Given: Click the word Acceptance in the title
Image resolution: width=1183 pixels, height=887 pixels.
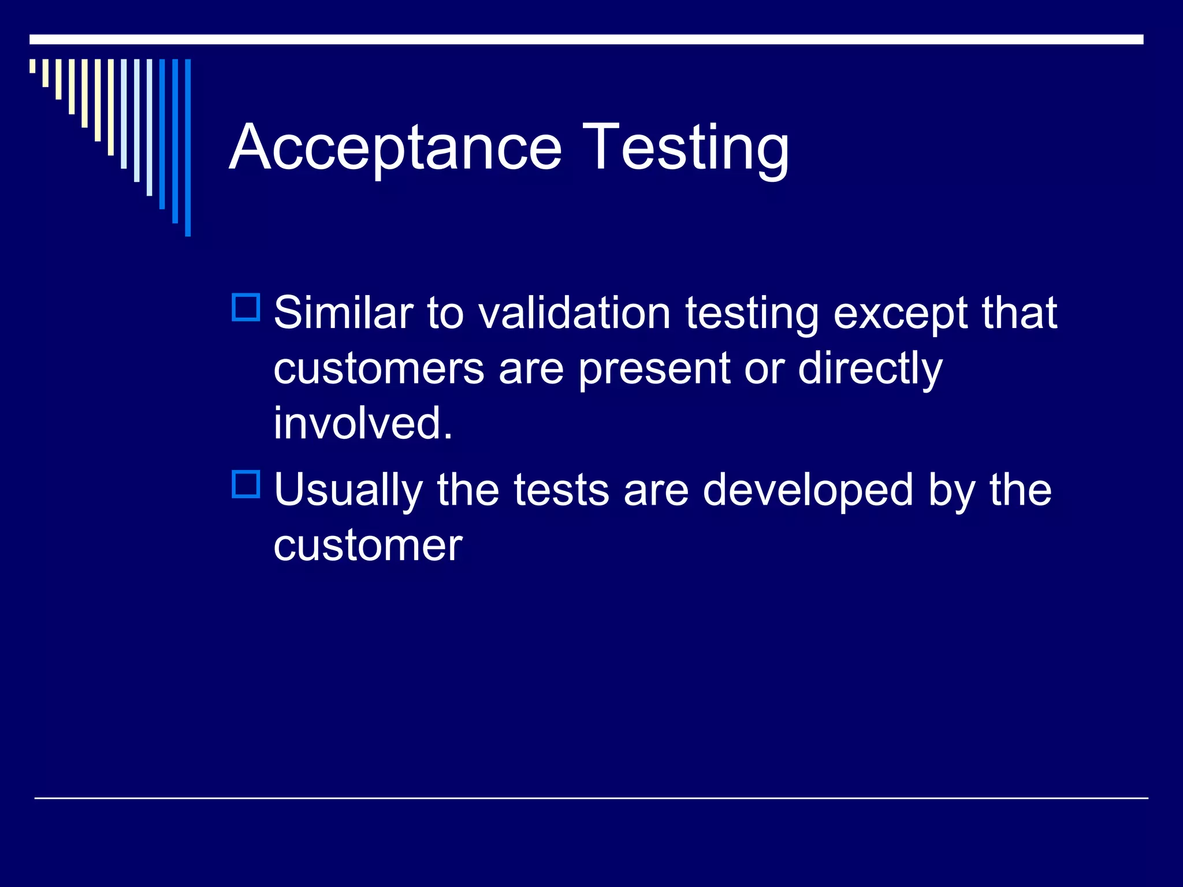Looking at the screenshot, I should [x=396, y=148].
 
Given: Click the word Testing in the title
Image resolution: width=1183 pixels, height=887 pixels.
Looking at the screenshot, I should [x=685, y=148].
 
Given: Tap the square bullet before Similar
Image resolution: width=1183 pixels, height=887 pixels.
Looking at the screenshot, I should [x=246, y=307].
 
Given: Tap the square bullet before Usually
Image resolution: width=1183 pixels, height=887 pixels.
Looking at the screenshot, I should [x=246, y=484].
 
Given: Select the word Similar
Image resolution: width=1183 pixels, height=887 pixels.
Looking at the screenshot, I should [x=343, y=313].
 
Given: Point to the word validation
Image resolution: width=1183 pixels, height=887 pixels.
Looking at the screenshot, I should [x=575, y=313].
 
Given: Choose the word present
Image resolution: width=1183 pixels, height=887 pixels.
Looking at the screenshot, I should [x=654, y=370].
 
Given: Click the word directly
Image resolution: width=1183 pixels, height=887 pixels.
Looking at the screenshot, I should [x=869, y=370].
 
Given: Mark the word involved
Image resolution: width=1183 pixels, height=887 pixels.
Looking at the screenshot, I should [x=363, y=423].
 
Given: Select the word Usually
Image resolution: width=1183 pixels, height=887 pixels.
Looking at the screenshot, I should [x=348, y=491].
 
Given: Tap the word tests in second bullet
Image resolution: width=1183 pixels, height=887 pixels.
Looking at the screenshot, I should [x=561, y=490].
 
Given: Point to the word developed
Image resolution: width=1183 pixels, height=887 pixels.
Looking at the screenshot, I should [x=808, y=491].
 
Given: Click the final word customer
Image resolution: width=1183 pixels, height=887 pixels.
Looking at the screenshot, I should [x=368, y=545].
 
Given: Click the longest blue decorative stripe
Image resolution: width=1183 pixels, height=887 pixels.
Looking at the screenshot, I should [x=188, y=147].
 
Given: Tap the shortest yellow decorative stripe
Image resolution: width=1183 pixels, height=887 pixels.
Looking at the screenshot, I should [x=32, y=66].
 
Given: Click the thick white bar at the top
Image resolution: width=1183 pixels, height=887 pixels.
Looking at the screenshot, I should [x=586, y=39].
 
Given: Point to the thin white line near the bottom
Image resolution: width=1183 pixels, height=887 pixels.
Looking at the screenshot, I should [x=591, y=798].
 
